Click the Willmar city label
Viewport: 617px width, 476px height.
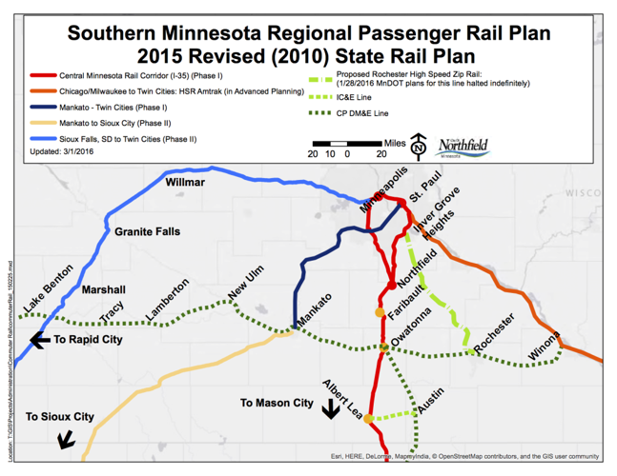(185, 181)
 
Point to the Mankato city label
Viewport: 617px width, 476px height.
(314, 311)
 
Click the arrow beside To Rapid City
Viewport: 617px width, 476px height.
(39, 340)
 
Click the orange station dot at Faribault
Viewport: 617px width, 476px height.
(380, 312)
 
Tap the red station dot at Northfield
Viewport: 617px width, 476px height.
(392, 286)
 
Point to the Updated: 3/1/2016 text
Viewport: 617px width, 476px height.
(66, 151)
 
